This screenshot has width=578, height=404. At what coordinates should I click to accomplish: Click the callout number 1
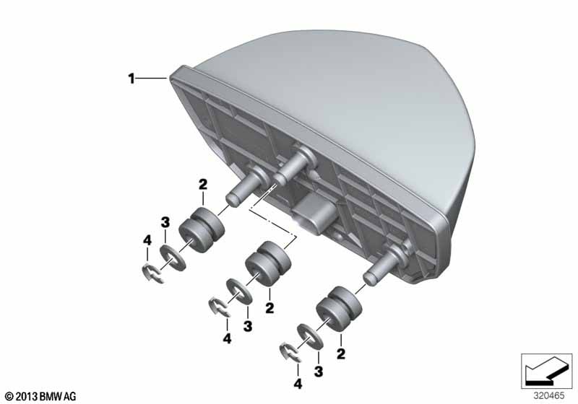[131, 79]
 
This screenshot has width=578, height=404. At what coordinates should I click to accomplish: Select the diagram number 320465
[549, 396]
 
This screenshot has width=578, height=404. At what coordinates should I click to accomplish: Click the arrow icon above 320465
[546, 371]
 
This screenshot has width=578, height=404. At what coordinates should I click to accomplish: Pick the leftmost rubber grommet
[202, 230]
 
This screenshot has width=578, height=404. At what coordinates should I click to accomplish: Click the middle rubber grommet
[268, 263]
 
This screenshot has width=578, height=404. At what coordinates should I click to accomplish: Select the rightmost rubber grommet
[339, 309]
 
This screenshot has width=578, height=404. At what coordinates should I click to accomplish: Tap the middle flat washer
[239, 291]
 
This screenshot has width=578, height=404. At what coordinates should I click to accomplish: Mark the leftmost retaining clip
[152, 274]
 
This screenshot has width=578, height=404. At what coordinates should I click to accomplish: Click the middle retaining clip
[220, 307]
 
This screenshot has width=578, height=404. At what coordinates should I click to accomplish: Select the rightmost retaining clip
[290, 353]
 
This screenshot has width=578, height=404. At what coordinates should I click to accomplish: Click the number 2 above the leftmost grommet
[203, 185]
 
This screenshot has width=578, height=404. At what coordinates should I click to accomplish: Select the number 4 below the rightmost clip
[298, 384]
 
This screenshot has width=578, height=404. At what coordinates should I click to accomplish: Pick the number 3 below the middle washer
[248, 326]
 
